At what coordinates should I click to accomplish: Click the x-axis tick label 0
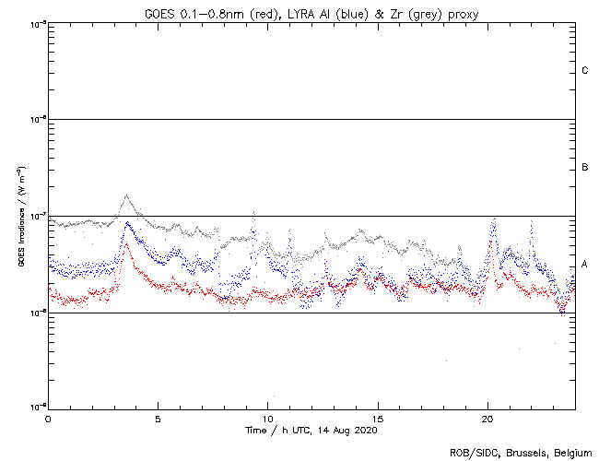tap(48, 418)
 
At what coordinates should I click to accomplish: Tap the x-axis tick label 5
tap(158, 418)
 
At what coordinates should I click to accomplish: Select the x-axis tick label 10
tap(267, 418)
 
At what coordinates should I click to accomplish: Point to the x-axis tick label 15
tap(378, 418)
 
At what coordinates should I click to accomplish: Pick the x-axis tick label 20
tap(487, 418)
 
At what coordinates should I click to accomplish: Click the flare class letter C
tap(585, 71)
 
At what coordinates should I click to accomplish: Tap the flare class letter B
tap(585, 168)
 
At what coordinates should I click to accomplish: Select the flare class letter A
tap(585, 265)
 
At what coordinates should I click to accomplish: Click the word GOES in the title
tap(159, 12)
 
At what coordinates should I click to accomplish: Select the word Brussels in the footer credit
tap(521, 453)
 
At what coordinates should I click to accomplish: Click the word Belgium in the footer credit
tap(570, 453)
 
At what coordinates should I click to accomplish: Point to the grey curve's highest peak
tap(126, 195)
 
